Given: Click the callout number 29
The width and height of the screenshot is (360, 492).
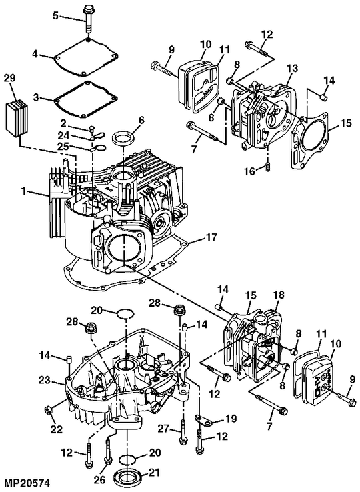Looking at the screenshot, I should click(9, 78).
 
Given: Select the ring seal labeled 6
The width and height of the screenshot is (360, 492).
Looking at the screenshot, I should click(120, 141).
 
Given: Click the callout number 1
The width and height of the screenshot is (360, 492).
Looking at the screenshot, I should click(25, 191).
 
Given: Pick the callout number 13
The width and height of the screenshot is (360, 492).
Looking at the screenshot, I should click(291, 69).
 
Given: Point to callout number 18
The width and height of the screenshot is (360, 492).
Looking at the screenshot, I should click(278, 294).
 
